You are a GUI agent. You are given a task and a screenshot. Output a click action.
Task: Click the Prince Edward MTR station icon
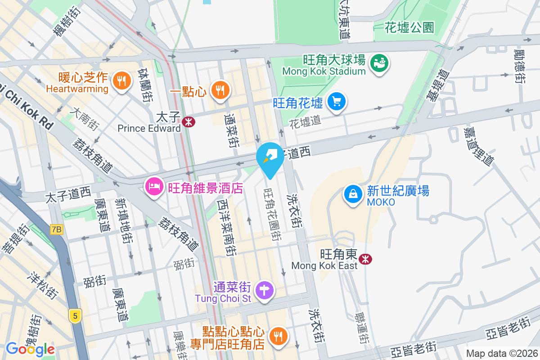click(189, 121)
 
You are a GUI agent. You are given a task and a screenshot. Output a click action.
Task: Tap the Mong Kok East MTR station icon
click(365, 258)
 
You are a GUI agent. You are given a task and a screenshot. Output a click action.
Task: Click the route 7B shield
click(57, 229)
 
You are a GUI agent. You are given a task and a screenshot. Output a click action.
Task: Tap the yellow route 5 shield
click(75, 316)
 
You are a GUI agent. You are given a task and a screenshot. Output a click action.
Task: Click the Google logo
click(30, 349)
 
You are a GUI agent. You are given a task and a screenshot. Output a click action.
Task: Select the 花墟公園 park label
click(409, 28)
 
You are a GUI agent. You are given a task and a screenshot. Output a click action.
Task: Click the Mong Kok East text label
click(324, 265)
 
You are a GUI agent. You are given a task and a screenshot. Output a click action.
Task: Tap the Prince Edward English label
click(149, 129)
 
